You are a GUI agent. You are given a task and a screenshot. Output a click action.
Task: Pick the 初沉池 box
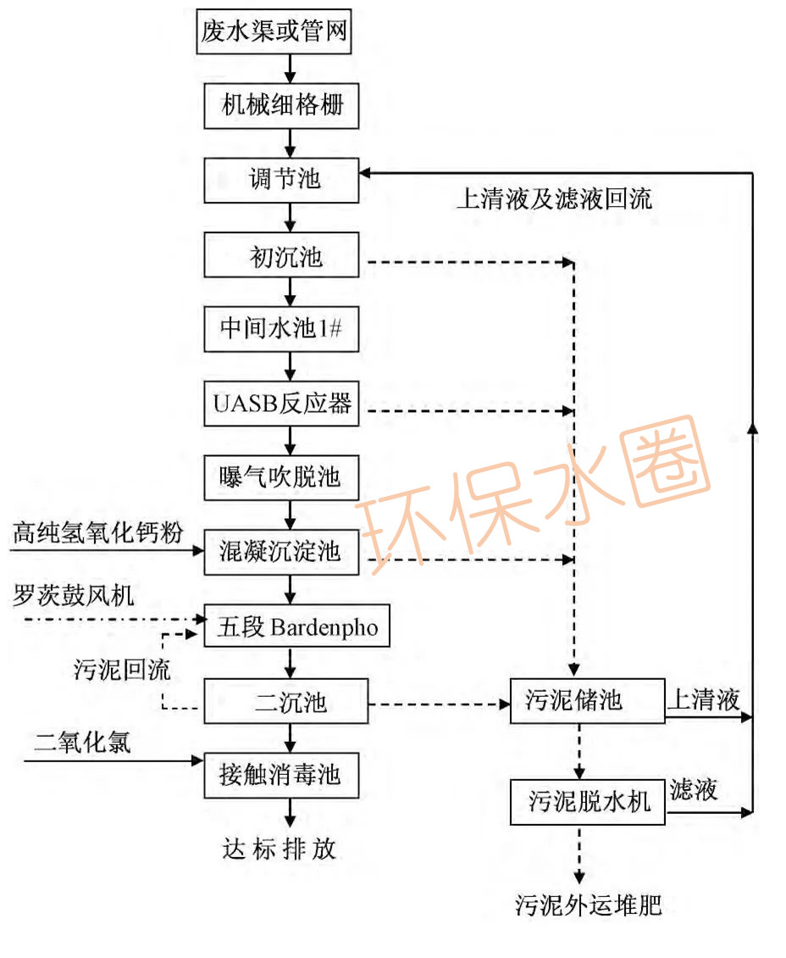tap(286, 254)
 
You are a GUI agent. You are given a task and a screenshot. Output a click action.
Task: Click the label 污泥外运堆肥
tap(588, 905)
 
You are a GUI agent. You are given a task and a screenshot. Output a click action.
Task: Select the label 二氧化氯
tap(83, 743)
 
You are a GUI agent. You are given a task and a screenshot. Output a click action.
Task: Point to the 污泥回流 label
tap(122, 670)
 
